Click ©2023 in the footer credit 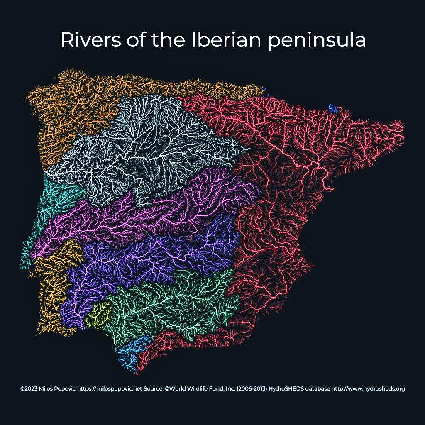(x=28, y=389)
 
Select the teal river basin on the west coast (x=58, y=199)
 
